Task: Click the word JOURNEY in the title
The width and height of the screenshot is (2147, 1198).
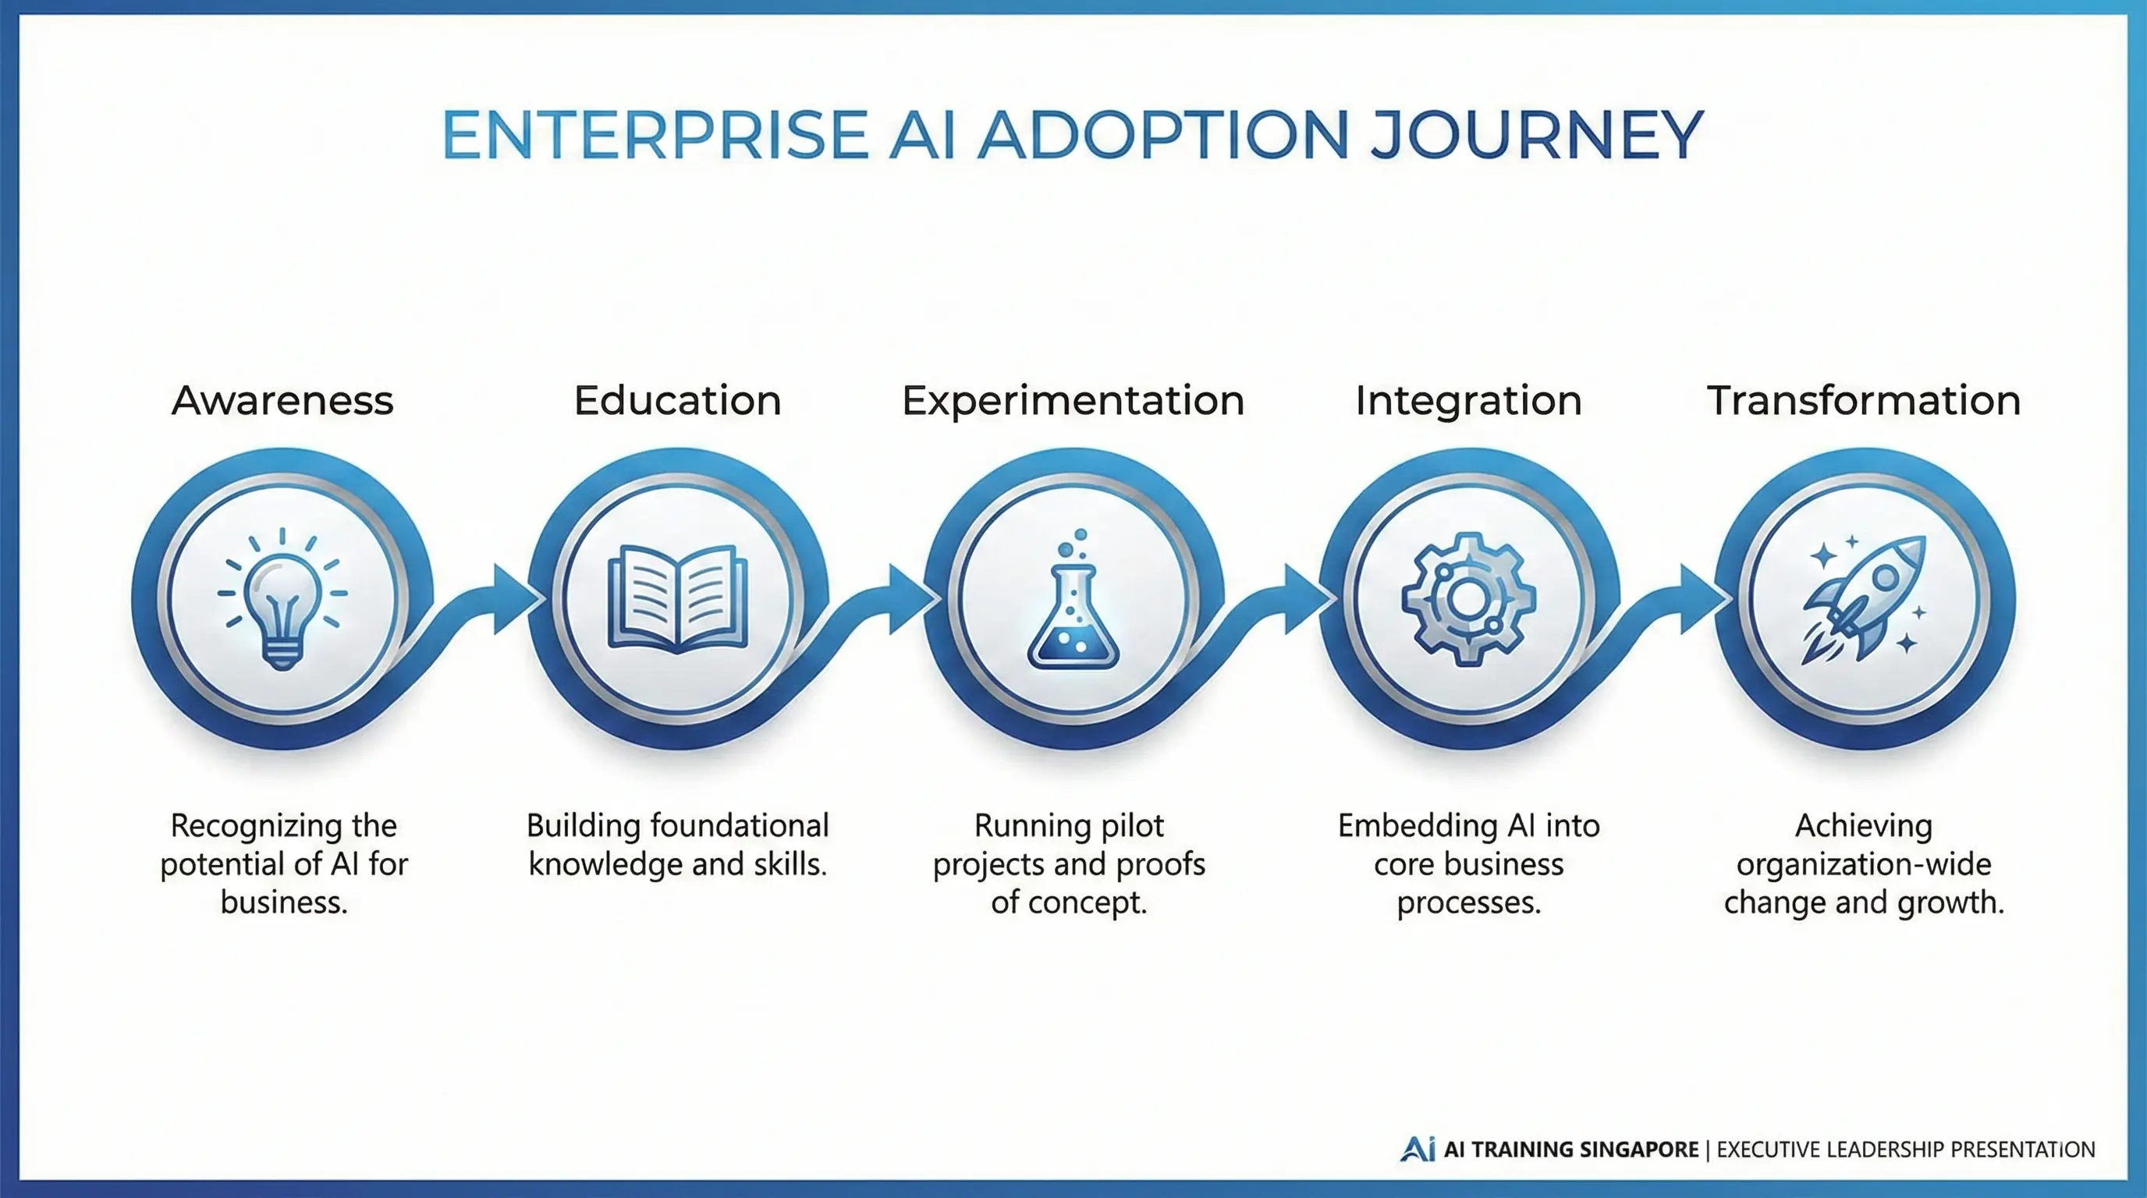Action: pyautogui.click(x=1536, y=135)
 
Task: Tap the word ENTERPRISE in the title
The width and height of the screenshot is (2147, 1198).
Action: pyautogui.click(x=655, y=135)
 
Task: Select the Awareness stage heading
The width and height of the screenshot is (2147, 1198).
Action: pyautogui.click(x=282, y=401)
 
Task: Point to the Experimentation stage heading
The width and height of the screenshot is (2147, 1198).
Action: pyautogui.click(x=1073, y=401)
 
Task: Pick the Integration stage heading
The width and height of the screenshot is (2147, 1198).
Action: pyautogui.click(x=1467, y=401)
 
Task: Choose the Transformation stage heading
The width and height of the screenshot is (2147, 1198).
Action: pyautogui.click(x=1864, y=401)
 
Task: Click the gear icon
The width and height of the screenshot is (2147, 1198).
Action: pyautogui.click(x=1467, y=598)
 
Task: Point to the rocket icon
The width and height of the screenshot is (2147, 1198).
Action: pyautogui.click(x=1864, y=598)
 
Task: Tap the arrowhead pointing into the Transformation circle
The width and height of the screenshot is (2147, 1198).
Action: pyautogui.click(x=1703, y=598)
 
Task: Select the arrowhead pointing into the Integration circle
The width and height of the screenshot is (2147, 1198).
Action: pyautogui.click(x=1307, y=598)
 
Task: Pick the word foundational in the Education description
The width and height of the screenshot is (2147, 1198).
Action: pyautogui.click(x=740, y=826)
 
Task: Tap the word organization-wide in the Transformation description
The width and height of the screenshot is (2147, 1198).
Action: pyautogui.click(x=1864, y=864)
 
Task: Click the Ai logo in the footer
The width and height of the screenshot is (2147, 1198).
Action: pyautogui.click(x=1417, y=1149)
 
